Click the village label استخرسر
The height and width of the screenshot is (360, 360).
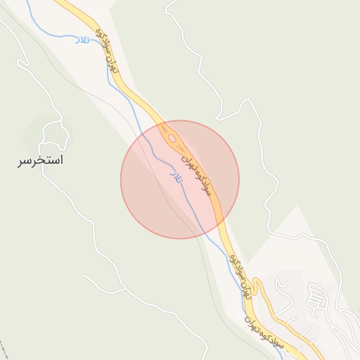click(x=40, y=161)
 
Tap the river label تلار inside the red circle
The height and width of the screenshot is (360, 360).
click(x=176, y=176)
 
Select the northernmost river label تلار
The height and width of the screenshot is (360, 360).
click(x=83, y=41)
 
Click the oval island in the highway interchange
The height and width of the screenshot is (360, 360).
click(x=172, y=138)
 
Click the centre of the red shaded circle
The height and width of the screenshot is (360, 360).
click(x=180, y=179)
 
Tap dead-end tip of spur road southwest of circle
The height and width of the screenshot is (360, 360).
click(x=84, y=276)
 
